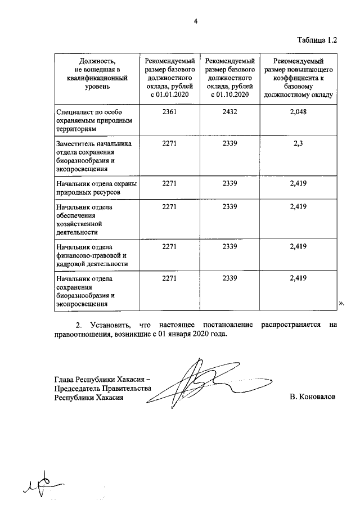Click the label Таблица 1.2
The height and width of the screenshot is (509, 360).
point(317,40)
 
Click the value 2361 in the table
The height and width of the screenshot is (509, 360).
point(170,112)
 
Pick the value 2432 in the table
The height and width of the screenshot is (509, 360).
point(231,112)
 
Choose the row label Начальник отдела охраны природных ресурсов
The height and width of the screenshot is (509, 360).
point(96,187)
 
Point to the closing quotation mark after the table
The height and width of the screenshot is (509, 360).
point(341,304)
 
